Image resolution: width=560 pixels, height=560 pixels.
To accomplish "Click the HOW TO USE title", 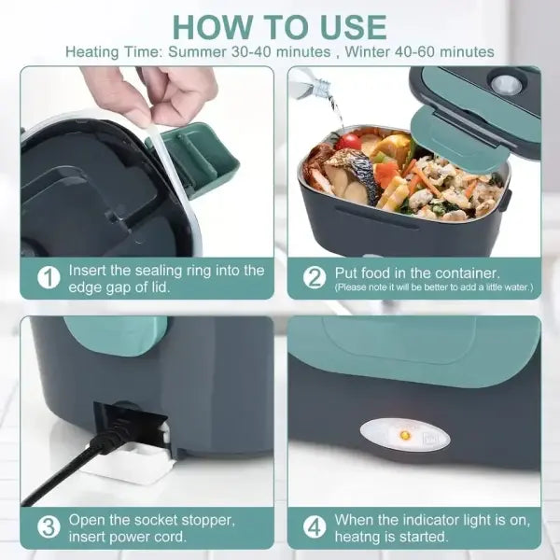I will click(x=280, y=25).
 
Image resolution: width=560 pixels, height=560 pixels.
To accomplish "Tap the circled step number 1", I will click(x=47, y=277).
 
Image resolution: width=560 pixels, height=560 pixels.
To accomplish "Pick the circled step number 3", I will click(x=47, y=527).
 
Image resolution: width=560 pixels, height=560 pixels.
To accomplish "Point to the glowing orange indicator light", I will click(x=406, y=434).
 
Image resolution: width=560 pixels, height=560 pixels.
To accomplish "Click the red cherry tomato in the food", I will click(x=349, y=141).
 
